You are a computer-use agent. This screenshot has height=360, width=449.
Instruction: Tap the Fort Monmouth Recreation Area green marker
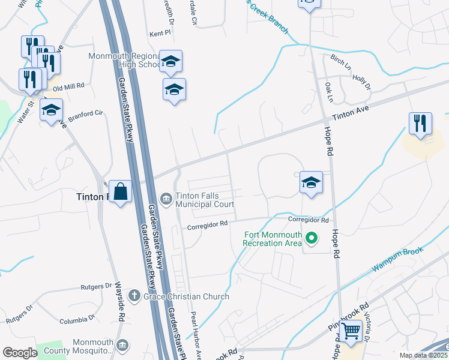311,239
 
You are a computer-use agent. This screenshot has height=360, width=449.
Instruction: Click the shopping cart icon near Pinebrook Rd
351,329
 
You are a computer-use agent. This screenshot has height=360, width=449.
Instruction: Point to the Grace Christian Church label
185,296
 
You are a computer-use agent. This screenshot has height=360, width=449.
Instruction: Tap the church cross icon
134,296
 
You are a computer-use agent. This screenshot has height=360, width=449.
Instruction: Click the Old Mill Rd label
69,86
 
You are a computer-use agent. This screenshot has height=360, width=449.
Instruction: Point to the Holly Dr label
362,82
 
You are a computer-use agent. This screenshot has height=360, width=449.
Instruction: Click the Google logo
20,353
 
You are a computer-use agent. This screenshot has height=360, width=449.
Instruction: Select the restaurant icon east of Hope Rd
420,124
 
